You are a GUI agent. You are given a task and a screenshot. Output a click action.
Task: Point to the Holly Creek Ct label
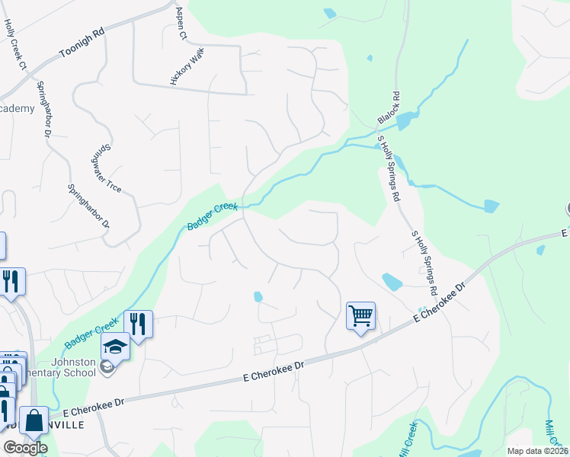(x=15, y=44)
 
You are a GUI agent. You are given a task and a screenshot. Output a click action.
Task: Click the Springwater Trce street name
(x=111, y=169)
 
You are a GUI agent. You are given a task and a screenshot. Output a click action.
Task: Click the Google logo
(x=25, y=448)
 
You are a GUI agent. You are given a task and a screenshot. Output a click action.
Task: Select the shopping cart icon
(x=360, y=315)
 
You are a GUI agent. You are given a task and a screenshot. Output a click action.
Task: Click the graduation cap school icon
(x=115, y=347)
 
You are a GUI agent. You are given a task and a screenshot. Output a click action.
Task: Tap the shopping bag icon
(x=34, y=420)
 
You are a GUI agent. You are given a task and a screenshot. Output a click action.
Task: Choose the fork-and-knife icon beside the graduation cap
(x=138, y=323)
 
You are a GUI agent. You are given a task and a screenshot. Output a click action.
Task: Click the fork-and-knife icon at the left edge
(x=11, y=281)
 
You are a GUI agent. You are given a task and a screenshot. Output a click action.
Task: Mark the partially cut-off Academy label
(x=17, y=109)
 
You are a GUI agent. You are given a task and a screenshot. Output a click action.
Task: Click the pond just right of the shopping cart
(x=392, y=282)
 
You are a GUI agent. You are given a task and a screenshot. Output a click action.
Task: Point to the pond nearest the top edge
(x=329, y=13)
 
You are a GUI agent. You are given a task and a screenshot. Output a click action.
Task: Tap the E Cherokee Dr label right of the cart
(x=439, y=304)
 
